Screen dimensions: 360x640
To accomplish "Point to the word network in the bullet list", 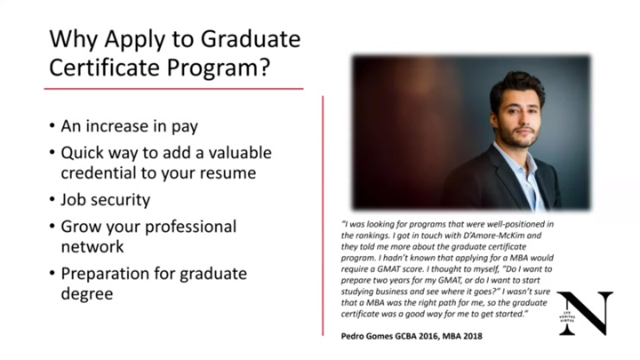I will coord(92,246).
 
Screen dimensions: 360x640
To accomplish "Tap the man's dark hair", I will coord(516,84).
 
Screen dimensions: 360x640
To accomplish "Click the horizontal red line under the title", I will coord(173,89).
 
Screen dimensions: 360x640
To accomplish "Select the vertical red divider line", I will coord(323,213).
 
